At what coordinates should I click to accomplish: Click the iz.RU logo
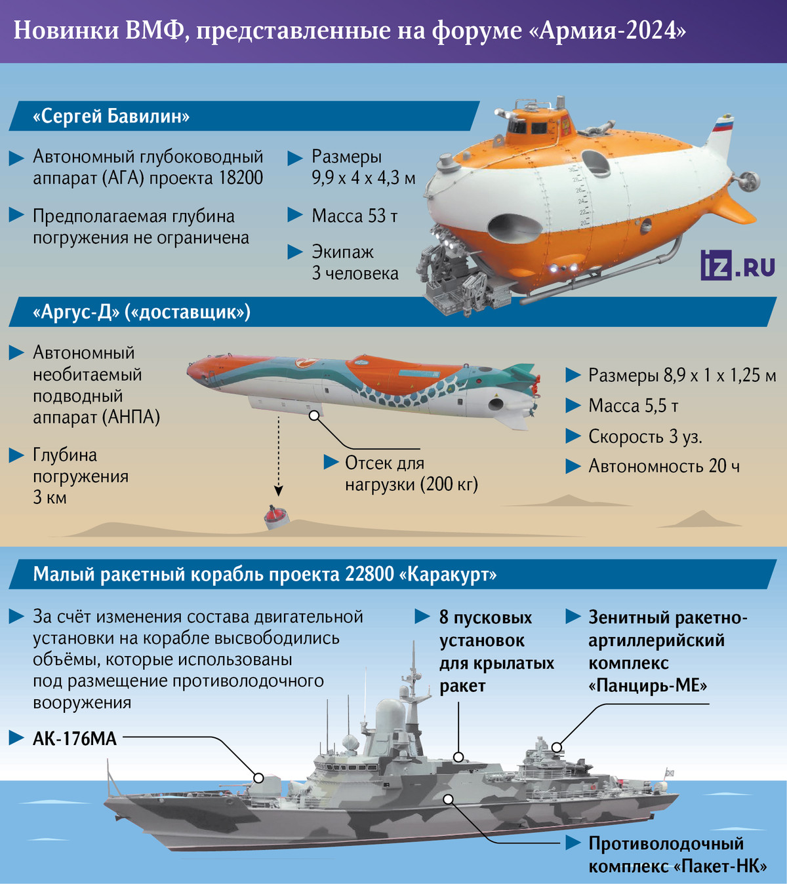738,265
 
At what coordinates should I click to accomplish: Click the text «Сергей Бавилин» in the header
111,117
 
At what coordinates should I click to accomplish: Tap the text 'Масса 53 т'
354,216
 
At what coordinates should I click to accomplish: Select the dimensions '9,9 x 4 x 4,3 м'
363,178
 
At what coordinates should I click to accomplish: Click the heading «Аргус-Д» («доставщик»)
141,312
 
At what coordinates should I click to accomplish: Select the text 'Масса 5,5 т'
633,406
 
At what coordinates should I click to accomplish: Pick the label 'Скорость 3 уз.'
645,436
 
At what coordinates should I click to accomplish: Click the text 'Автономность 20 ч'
664,466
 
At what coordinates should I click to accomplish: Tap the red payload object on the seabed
276,517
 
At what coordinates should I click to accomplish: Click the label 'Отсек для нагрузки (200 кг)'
411,474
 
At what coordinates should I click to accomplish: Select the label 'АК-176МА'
75,739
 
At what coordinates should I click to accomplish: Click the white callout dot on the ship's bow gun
258,778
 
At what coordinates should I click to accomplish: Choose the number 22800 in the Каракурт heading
369,575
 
